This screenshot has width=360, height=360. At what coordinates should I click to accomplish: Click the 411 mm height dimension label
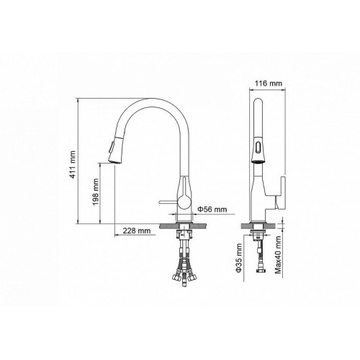(73, 164)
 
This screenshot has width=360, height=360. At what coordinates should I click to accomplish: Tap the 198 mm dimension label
(96, 192)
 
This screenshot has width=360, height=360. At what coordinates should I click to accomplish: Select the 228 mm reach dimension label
(137, 230)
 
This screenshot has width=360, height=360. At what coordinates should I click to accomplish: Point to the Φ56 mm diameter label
(212, 210)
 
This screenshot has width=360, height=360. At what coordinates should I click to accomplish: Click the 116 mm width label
(269, 84)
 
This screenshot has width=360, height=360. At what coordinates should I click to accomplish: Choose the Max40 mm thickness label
(278, 255)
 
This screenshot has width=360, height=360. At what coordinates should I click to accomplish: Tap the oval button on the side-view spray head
(258, 147)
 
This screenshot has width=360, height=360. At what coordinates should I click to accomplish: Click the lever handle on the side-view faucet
(280, 192)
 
